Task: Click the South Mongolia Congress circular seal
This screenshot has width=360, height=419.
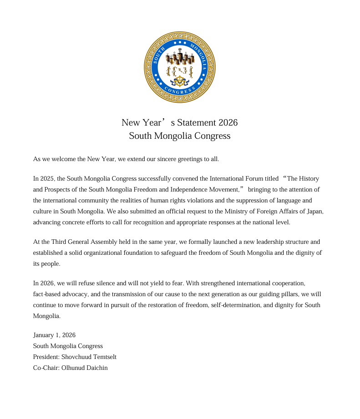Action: (x=180, y=67)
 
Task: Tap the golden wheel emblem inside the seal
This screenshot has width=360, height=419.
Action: (x=180, y=82)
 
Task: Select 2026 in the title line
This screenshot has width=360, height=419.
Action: (x=228, y=123)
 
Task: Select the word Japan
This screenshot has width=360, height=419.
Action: (x=314, y=212)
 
